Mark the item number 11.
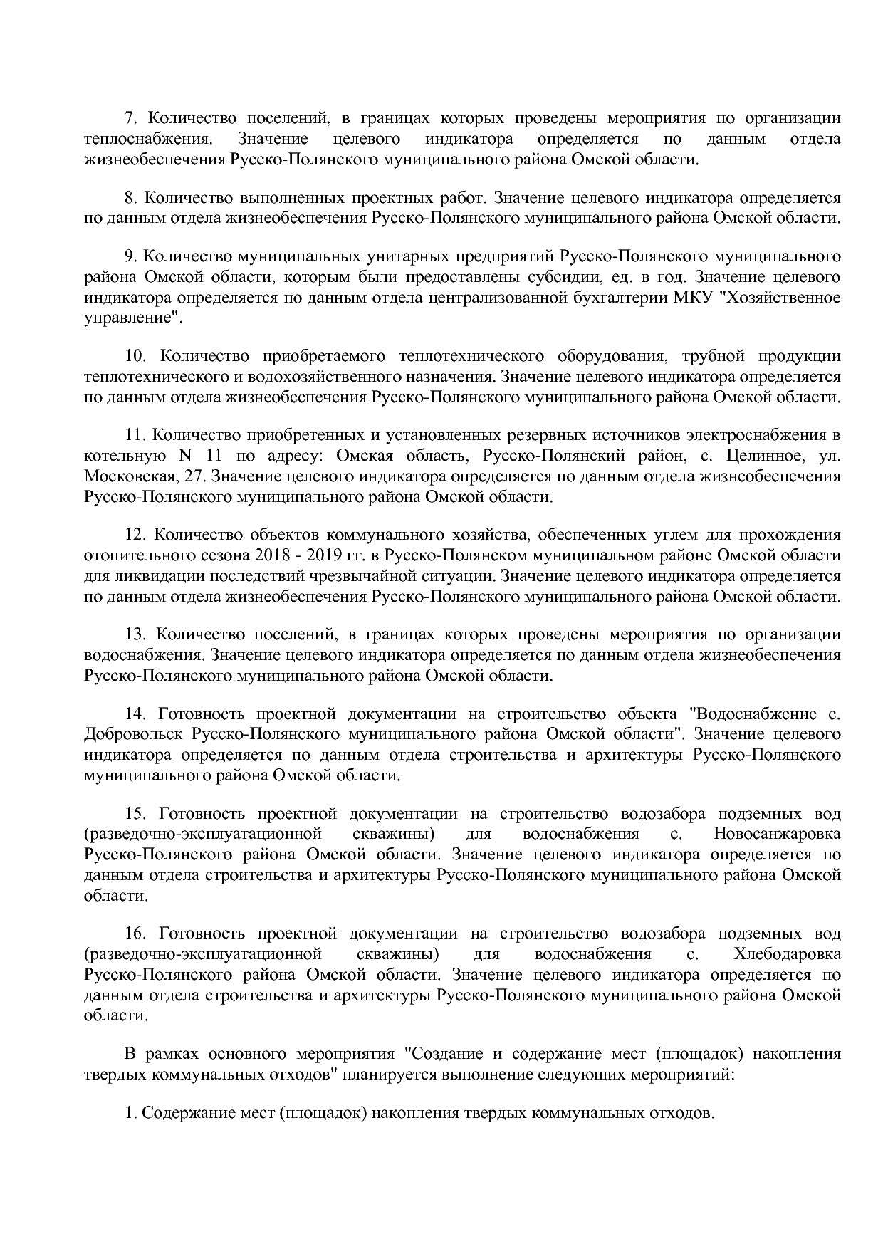click(x=136, y=435)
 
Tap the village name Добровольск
click(x=133, y=734)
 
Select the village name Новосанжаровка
click(x=776, y=834)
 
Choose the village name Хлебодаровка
click(x=786, y=953)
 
